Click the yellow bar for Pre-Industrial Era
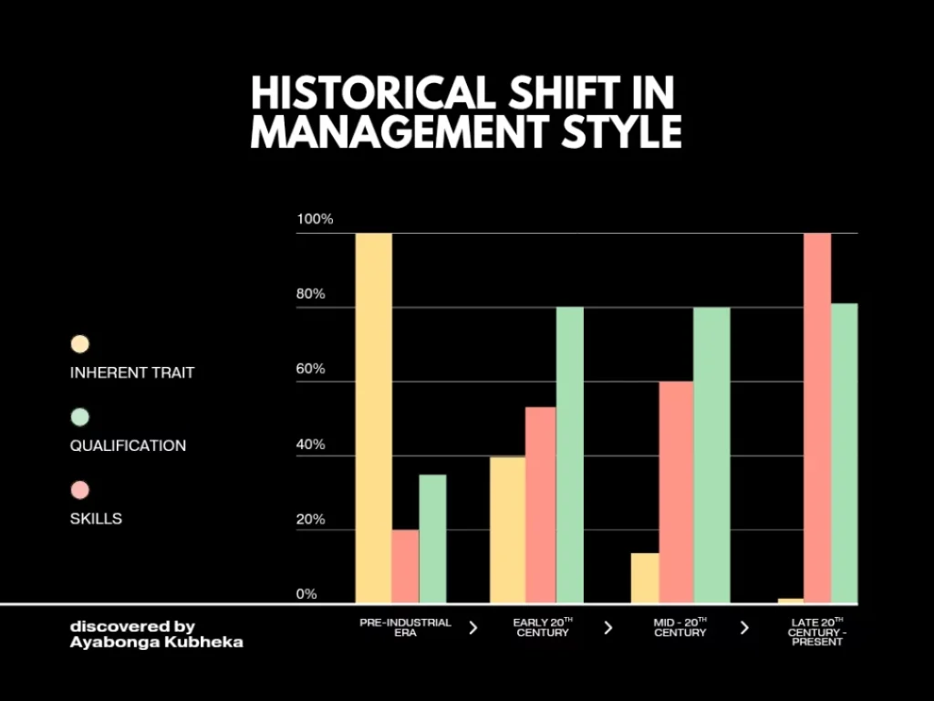point(373,418)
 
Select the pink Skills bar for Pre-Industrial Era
point(405,566)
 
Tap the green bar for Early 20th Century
point(569,455)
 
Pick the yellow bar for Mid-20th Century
point(644,578)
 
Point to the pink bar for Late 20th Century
point(817,418)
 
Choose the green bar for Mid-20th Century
point(711,455)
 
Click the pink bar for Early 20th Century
point(540,505)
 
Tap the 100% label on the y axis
point(316,219)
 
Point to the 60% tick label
point(311,370)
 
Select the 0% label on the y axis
point(307,594)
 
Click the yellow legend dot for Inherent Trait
point(80,344)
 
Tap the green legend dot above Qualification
point(80,417)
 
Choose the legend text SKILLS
point(96,518)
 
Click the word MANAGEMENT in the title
point(369,131)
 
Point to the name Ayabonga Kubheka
point(156,642)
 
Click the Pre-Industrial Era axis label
point(405,627)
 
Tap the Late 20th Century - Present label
point(816,632)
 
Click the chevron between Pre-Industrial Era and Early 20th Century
point(472,628)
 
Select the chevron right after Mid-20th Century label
point(744,628)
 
